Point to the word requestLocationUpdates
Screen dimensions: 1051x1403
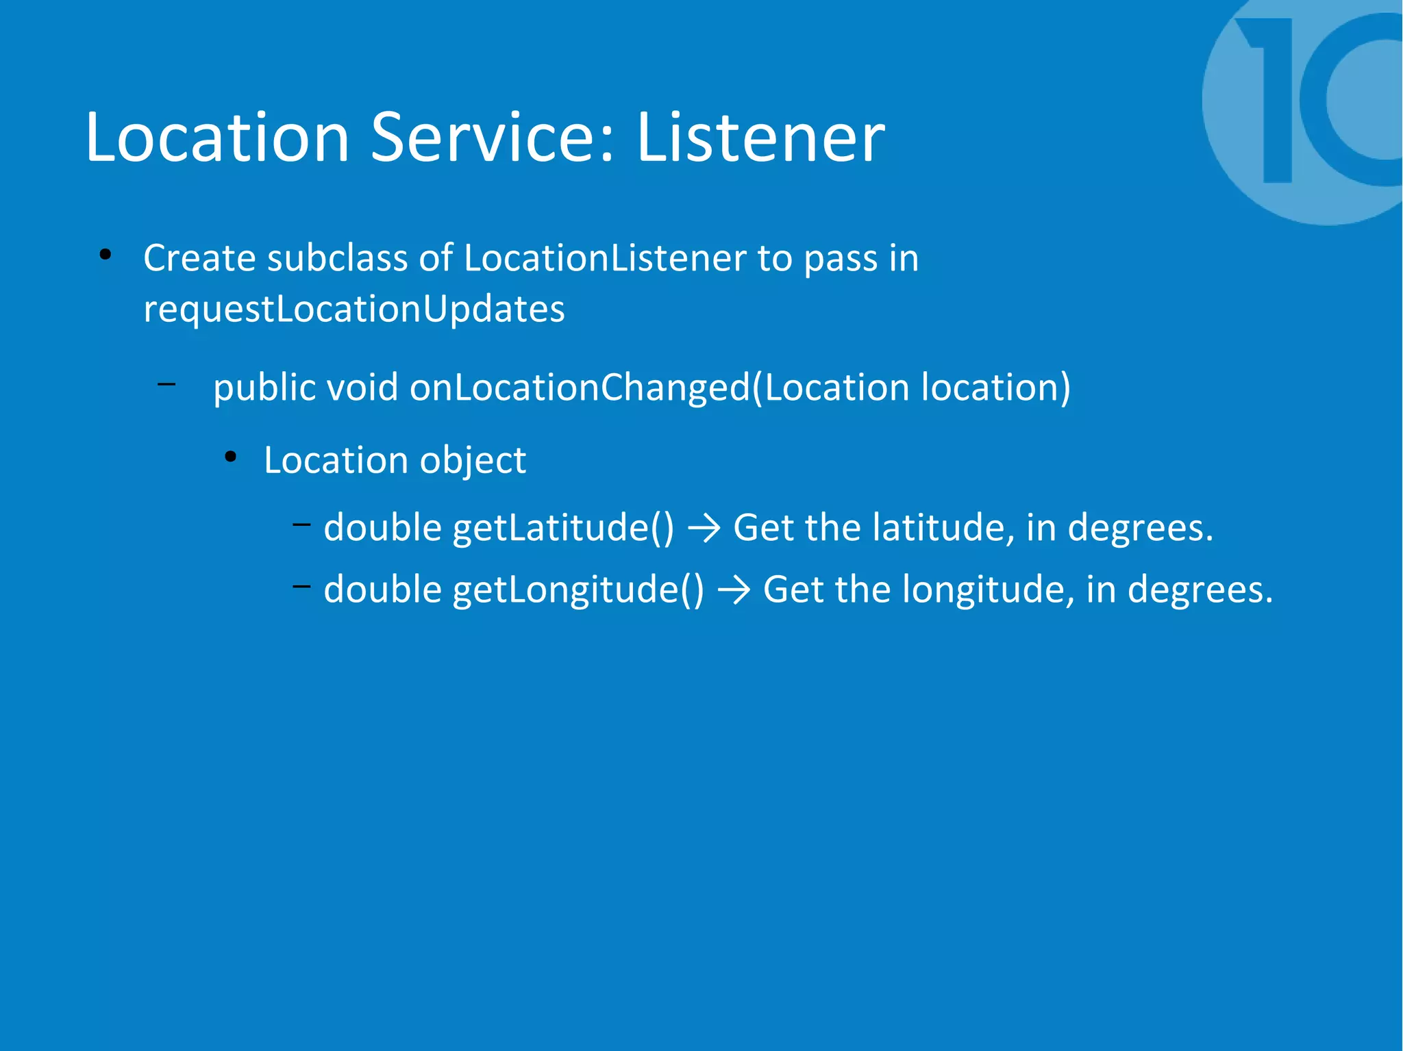click(x=354, y=309)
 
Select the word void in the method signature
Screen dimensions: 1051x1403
click(x=362, y=388)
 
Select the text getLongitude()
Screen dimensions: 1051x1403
click(x=578, y=590)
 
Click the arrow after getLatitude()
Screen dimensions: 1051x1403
click(x=704, y=529)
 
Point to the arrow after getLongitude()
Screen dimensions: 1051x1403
click(x=734, y=590)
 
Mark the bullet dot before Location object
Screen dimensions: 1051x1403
click(x=231, y=457)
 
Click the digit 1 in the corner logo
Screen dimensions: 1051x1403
click(x=1271, y=99)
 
